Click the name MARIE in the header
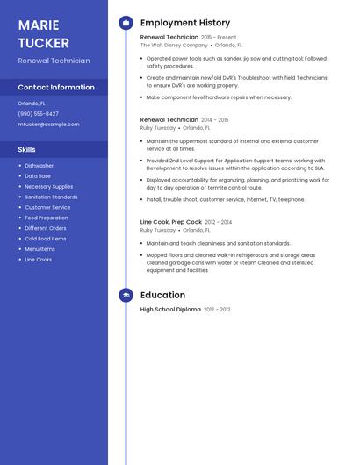(39, 25)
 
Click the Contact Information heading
(56, 88)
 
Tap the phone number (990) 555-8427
(39, 113)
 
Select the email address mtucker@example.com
(48, 125)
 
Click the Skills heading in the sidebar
(27, 149)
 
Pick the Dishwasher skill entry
(40, 166)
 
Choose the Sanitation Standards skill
(51, 197)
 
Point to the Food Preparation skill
(47, 218)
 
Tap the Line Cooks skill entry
(39, 260)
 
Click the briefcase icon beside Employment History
(126, 23)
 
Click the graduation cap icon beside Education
(126, 295)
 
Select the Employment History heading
(184, 23)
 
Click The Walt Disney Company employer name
(174, 45)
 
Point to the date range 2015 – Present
(219, 38)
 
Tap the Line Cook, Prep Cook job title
(171, 222)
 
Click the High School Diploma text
(170, 310)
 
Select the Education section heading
(162, 295)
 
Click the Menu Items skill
(40, 249)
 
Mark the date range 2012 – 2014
(219, 223)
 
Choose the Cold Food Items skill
(46, 239)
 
